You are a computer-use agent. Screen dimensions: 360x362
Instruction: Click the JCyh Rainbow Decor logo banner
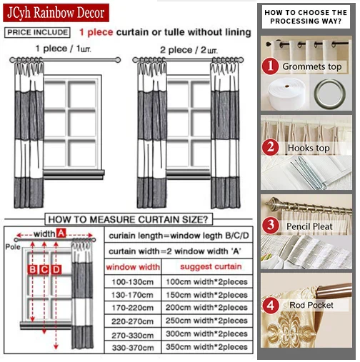click(56, 13)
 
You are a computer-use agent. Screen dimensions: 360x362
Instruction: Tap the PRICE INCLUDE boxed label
click(37, 32)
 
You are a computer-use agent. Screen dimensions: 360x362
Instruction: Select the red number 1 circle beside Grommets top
click(270, 66)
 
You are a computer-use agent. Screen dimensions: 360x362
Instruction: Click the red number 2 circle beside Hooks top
click(271, 147)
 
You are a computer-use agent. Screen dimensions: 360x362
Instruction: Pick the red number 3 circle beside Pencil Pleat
click(271, 226)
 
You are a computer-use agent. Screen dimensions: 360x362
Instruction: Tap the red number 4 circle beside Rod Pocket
click(271, 305)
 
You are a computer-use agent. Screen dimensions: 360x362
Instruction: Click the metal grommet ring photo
click(330, 94)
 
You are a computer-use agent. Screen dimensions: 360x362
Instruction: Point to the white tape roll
click(286, 94)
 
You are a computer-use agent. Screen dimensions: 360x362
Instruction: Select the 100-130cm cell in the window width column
click(133, 282)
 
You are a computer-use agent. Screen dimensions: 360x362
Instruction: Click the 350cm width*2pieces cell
click(206, 347)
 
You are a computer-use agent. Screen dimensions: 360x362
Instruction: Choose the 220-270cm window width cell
click(133, 321)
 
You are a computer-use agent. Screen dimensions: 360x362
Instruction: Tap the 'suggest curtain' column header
click(211, 267)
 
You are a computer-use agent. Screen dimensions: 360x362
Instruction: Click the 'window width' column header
click(133, 267)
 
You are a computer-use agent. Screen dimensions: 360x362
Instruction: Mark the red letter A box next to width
click(61, 233)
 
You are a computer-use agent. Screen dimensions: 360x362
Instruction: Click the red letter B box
click(33, 269)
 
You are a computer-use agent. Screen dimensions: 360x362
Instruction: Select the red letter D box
click(56, 269)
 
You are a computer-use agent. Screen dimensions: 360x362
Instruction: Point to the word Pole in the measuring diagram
click(13, 247)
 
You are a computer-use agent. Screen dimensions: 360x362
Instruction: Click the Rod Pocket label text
click(311, 305)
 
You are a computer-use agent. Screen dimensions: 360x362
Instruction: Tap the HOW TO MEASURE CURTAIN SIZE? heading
click(129, 219)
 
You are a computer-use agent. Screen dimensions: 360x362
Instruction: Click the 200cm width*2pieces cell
click(206, 308)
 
